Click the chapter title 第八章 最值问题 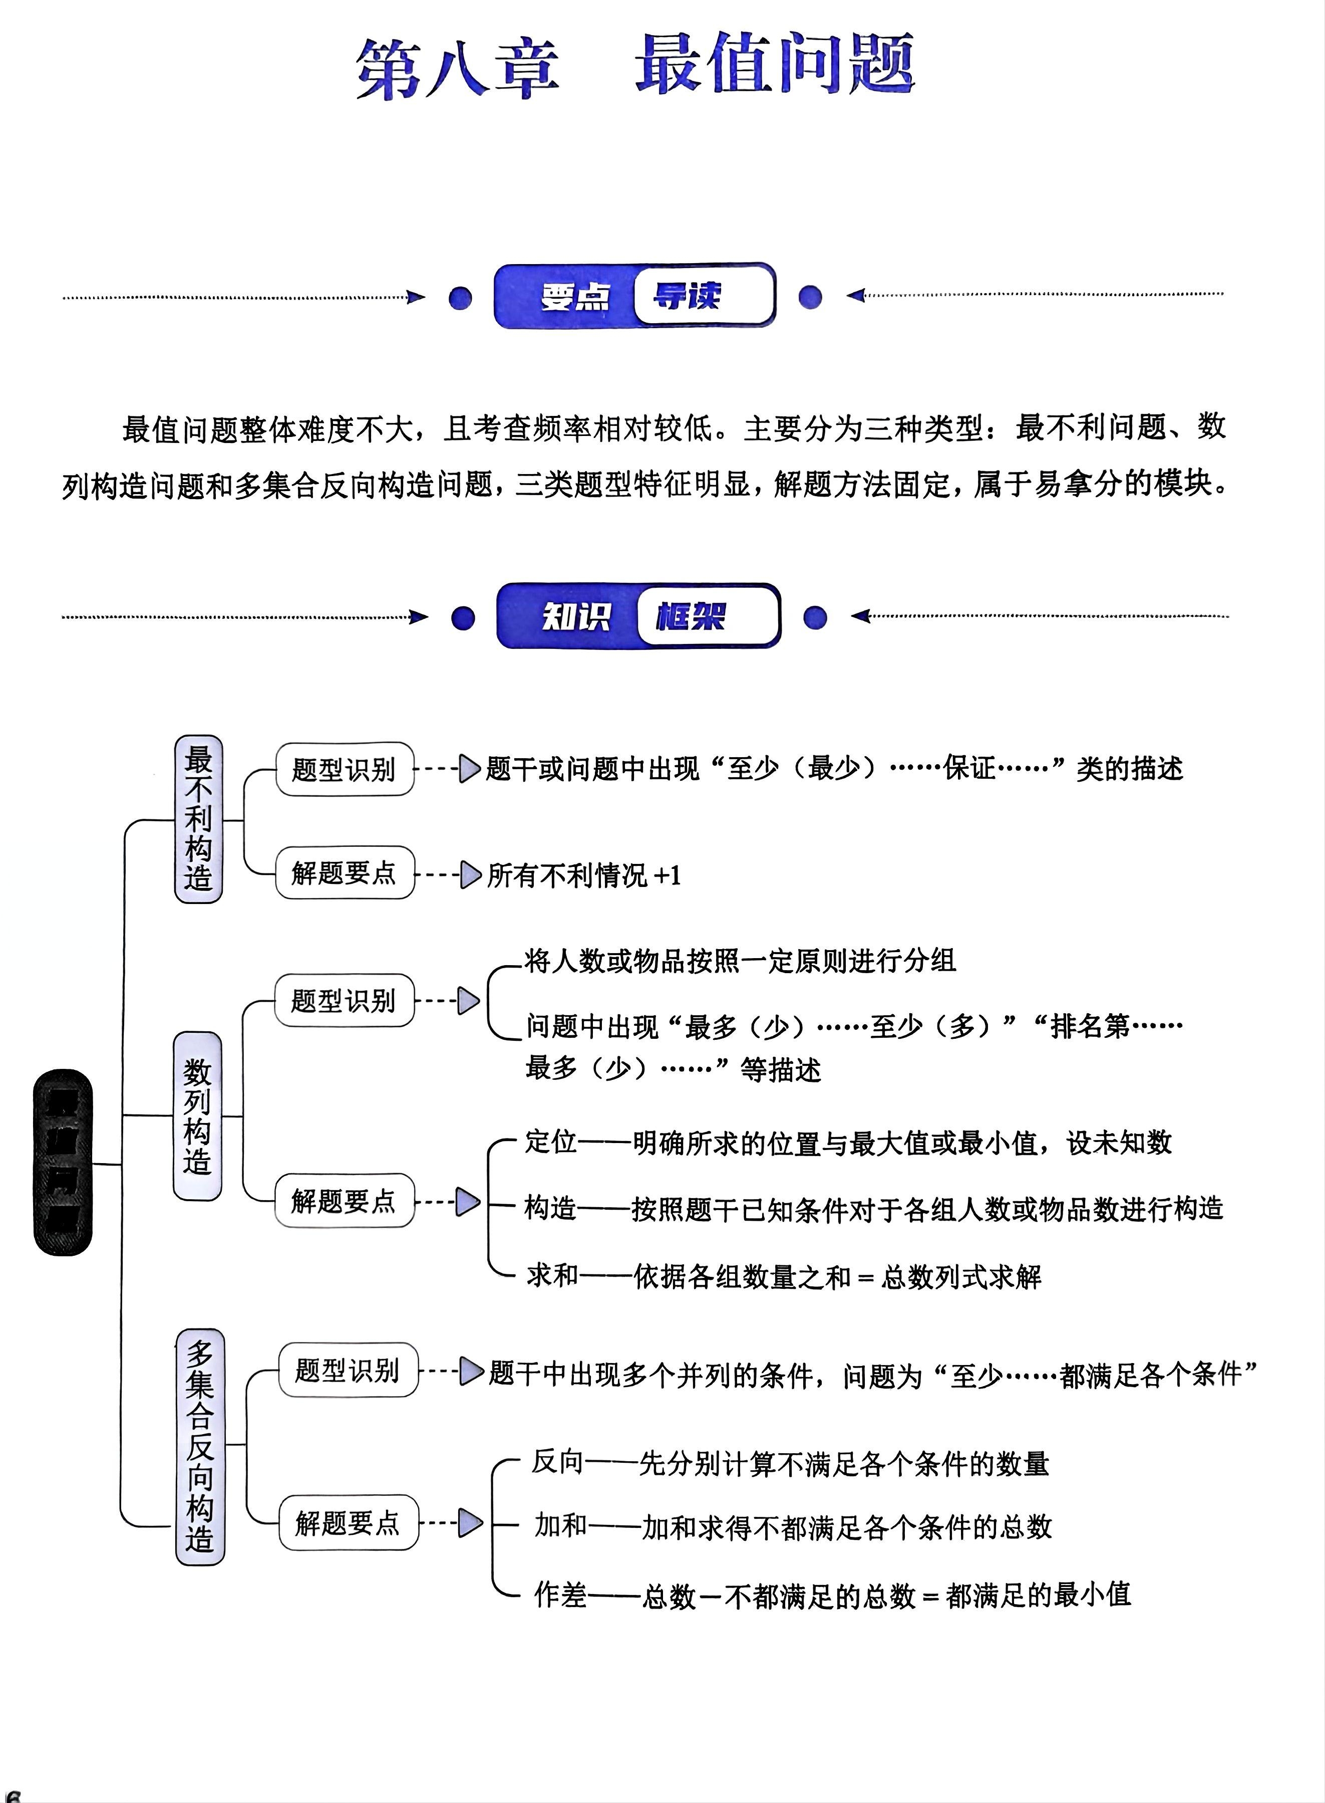(635, 66)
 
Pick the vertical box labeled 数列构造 (197, 1116)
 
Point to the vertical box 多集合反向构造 (200, 1446)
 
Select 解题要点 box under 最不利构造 (344, 872)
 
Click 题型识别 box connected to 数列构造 (344, 1001)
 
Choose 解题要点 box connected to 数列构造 (344, 1200)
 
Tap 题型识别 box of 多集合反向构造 (348, 1370)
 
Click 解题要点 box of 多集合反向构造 (348, 1522)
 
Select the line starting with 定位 (848, 1143)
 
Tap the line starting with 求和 (784, 1276)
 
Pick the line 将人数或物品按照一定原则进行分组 (740, 961)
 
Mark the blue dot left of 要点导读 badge (460, 298)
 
